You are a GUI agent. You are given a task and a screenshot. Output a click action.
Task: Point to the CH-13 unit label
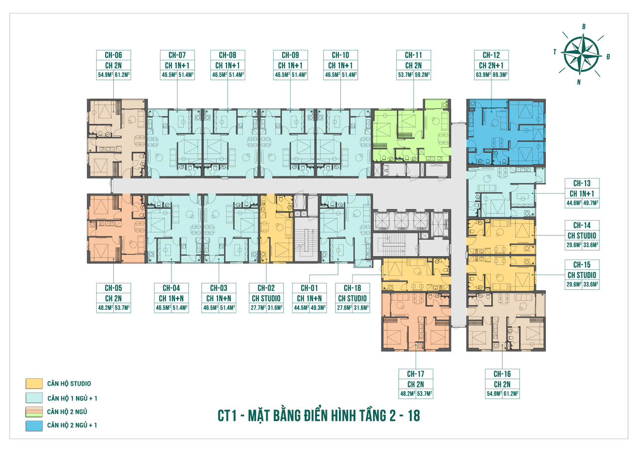pyautogui.click(x=581, y=183)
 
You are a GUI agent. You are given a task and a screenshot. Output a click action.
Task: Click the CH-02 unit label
pyautogui.click(x=266, y=287)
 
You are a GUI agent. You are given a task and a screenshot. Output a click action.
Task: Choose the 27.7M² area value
pyautogui.click(x=257, y=308)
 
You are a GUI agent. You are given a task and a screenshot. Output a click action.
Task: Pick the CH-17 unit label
pyautogui.click(x=415, y=374)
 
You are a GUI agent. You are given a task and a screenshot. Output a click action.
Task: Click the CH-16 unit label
pyautogui.click(x=502, y=374)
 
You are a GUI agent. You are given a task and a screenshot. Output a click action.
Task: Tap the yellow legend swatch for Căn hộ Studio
pyautogui.click(x=33, y=384)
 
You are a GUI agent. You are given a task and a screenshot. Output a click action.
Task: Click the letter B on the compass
pyautogui.click(x=584, y=26)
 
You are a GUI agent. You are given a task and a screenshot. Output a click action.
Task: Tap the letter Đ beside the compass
pyautogui.click(x=609, y=57)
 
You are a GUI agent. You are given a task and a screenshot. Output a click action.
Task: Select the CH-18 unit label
pyautogui.click(x=352, y=287)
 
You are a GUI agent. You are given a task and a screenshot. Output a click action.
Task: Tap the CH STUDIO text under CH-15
pyautogui.click(x=581, y=275)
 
